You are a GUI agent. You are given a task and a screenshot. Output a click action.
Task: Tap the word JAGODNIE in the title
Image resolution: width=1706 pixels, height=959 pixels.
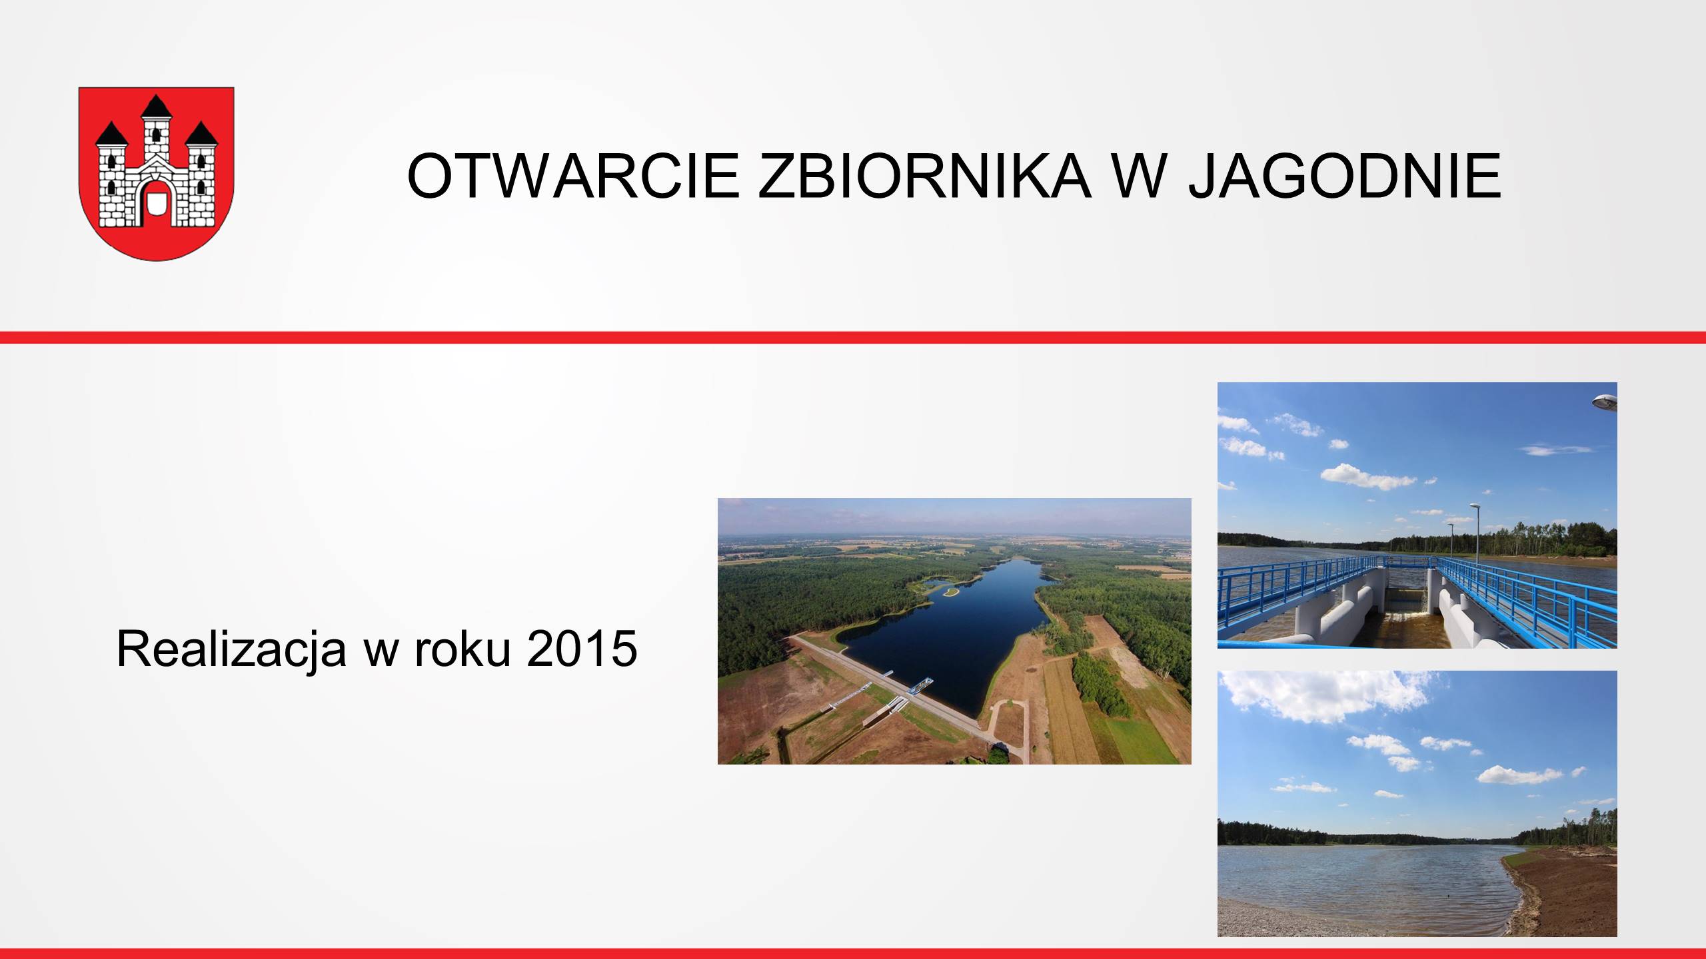pos(1346,176)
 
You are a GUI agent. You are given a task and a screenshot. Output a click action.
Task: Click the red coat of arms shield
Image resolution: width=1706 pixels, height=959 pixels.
pos(157,173)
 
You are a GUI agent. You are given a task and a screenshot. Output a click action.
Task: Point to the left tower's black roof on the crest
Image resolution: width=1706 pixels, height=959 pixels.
pos(112,134)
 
